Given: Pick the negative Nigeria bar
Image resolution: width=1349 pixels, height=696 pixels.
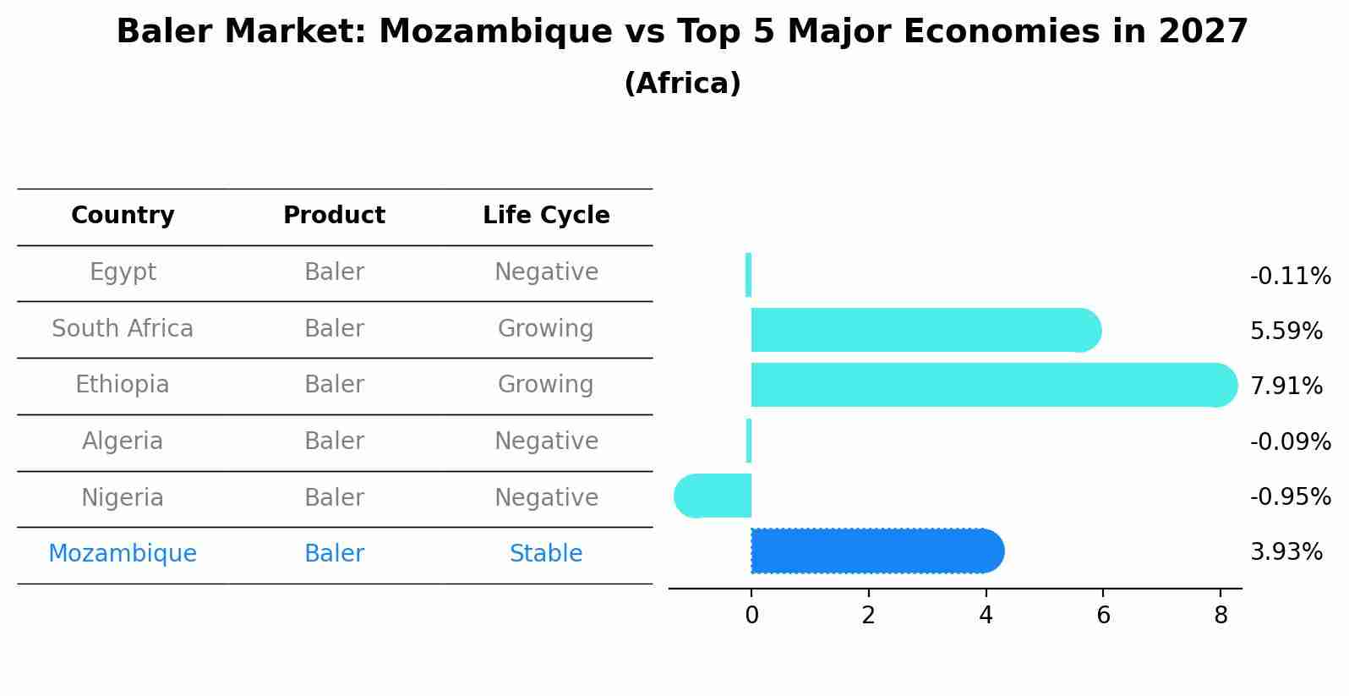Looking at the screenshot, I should coord(714,496).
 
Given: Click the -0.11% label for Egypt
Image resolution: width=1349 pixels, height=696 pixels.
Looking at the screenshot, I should coord(1290,277).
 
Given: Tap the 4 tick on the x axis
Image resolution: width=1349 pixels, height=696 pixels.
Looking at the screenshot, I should coord(986,616).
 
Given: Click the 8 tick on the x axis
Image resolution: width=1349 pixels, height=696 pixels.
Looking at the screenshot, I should coord(1220,616).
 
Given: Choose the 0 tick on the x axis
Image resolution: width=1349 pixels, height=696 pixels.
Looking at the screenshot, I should coord(751,616).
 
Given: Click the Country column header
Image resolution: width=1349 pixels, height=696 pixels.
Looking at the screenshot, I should coord(123,216).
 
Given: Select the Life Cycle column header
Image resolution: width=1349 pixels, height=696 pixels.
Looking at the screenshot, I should coord(546,216).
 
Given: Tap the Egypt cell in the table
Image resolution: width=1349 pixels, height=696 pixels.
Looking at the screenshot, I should coord(123,272).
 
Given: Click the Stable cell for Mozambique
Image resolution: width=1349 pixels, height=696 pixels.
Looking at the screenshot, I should coord(546,554).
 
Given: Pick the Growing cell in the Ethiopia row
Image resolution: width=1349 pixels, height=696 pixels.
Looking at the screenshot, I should coord(546,385).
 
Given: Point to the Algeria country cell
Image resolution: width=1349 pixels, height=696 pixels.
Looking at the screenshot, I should coord(123,441).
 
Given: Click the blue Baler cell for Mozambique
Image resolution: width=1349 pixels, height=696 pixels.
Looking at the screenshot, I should coord(334,554).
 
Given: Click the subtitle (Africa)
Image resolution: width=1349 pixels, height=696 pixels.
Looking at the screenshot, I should coord(682,84).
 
